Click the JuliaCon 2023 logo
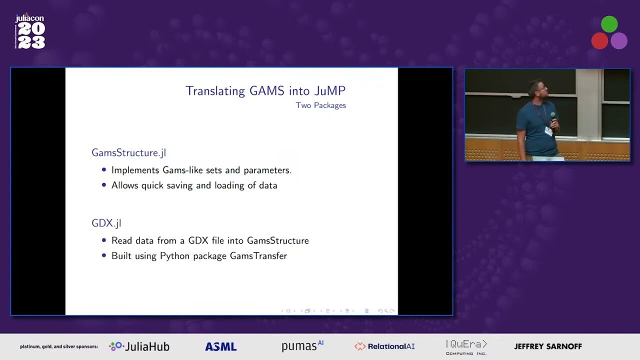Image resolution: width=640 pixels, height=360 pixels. [x=30, y=32]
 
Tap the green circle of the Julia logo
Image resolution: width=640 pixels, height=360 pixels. [x=609, y=24]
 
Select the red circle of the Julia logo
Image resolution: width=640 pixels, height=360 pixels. [x=599, y=41]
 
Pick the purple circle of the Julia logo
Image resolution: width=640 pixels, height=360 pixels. [x=619, y=41]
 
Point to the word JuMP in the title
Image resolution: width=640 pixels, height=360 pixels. [x=329, y=91]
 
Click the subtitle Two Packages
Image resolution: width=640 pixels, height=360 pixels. [x=320, y=105]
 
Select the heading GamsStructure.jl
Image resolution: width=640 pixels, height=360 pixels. [x=128, y=153]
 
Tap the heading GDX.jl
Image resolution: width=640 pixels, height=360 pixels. [x=106, y=223]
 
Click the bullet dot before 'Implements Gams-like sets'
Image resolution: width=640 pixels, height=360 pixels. [x=104, y=170]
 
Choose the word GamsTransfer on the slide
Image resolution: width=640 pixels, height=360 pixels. [x=258, y=256]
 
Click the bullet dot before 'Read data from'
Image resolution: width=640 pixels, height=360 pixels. [x=104, y=240]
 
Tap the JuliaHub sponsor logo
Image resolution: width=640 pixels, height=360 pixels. [x=139, y=346]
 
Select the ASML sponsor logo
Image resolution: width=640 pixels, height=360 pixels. [x=220, y=346]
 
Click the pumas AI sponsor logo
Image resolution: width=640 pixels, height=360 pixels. [x=302, y=346]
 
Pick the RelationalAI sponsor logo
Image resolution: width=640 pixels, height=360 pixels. [x=384, y=346]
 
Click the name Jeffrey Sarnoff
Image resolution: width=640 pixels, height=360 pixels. [x=548, y=346]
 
